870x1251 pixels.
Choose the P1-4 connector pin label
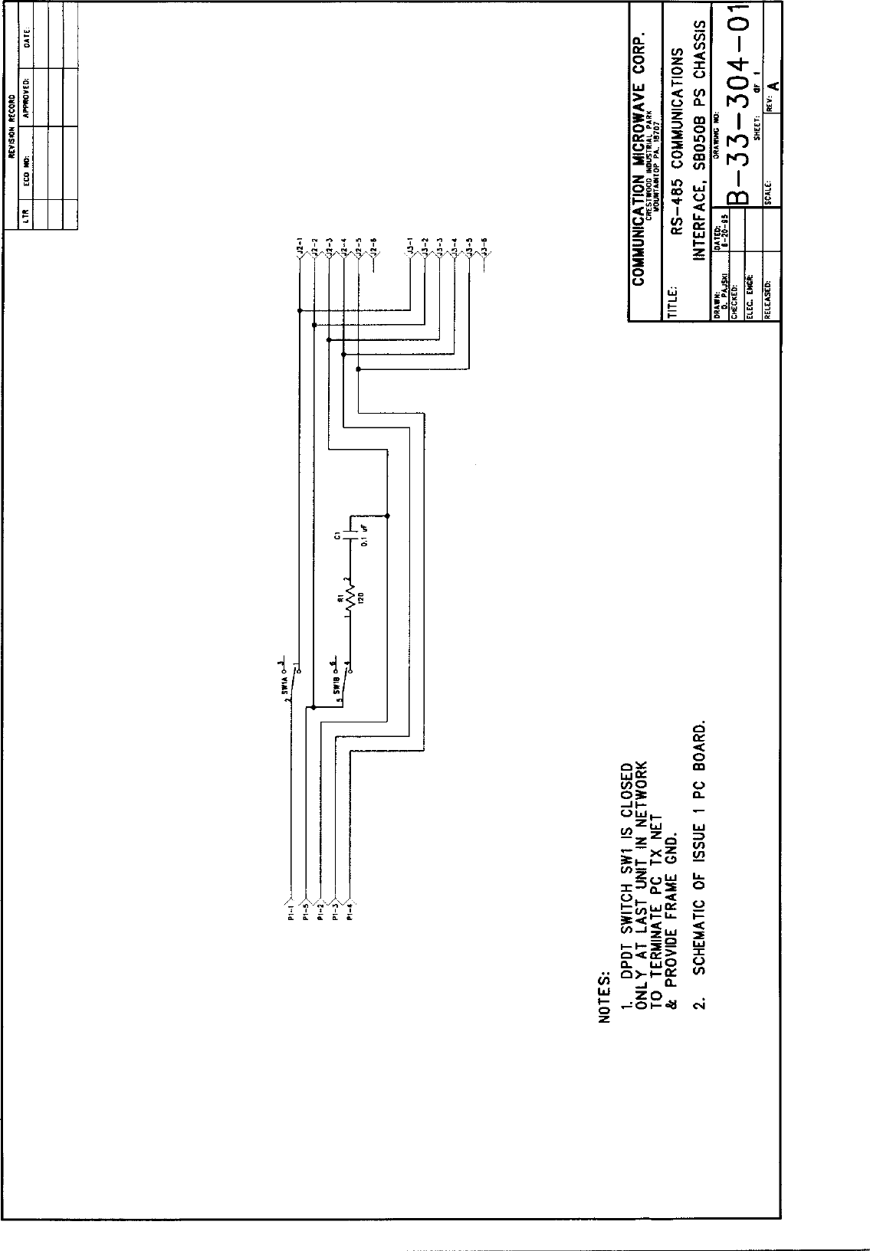[350, 915]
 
